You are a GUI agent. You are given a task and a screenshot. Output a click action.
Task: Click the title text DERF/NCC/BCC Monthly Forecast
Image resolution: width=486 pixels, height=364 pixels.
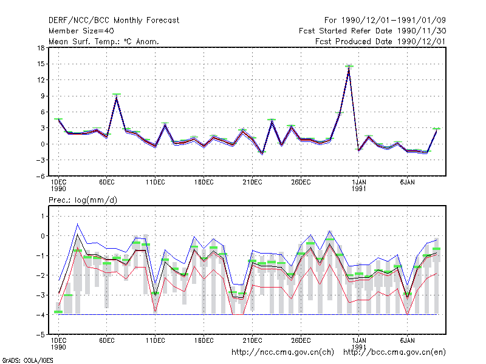[114, 21]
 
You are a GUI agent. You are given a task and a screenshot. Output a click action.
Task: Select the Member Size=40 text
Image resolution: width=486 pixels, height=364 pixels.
[81, 31]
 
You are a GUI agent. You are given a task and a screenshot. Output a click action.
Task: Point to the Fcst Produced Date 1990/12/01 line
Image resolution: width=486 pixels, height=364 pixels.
[380, 41]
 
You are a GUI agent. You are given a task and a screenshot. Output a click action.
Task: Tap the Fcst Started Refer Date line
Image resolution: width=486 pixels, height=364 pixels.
[372, 31]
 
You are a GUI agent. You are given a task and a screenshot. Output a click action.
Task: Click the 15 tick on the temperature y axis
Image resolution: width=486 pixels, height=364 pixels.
[41, 64]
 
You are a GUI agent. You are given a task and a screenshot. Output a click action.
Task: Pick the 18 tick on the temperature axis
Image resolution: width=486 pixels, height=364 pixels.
[41, 48]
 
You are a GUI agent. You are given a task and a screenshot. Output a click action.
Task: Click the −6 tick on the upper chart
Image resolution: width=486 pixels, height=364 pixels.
[40, 176]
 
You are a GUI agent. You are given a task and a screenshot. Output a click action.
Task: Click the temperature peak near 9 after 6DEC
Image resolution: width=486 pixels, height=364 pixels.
[117, 95]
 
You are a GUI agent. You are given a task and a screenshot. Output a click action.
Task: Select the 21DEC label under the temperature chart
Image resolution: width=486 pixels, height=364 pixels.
[252, 183]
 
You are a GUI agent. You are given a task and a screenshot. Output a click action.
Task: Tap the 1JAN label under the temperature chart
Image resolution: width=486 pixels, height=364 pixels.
[359, 186]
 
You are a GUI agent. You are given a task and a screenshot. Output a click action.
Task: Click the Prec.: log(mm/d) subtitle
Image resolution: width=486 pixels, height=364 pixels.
[83, 200]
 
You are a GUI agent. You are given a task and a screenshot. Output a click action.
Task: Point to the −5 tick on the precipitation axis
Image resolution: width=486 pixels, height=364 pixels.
[40, 335]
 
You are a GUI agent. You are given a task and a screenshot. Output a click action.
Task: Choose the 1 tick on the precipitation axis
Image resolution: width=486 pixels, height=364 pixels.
[43, 216]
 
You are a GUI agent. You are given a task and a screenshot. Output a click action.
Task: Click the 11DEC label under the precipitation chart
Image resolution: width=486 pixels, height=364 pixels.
[156, 340]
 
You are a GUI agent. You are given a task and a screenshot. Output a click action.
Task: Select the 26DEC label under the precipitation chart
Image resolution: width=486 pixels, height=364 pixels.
[301, 340]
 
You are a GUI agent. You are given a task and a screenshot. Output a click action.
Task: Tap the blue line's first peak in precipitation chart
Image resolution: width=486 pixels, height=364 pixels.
[78, 224]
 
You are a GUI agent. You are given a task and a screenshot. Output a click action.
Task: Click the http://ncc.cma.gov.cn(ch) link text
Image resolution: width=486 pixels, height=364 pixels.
[282, 352]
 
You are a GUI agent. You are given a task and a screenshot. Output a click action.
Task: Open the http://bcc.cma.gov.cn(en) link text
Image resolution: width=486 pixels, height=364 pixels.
[394, 352]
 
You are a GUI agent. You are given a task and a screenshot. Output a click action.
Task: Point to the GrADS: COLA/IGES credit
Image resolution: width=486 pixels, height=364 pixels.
[28, 360]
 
